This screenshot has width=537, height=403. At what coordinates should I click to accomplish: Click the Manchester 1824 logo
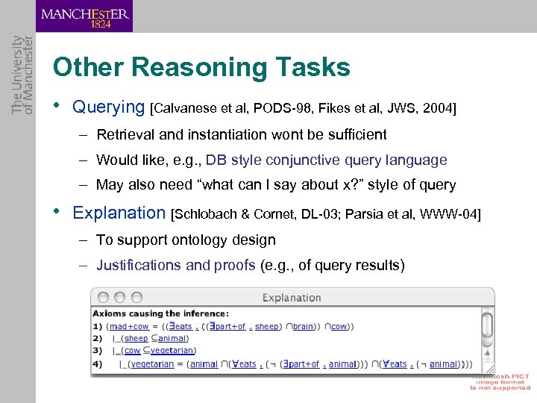[84, 16]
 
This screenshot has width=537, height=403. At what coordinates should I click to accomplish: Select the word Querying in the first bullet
[108, 107]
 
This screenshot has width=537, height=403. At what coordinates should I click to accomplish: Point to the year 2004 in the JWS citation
[436, 108]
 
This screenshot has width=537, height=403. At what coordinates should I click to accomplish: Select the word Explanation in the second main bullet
[119, 213]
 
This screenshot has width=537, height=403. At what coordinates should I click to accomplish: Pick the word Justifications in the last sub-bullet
[139, 265]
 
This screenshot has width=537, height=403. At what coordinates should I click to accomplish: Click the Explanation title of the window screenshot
[292, 298]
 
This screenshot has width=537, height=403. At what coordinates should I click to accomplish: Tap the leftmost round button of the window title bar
[102, 297]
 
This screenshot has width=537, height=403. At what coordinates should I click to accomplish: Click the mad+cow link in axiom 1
[129, 326]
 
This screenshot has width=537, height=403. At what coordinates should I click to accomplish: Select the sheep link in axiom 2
[136, 338]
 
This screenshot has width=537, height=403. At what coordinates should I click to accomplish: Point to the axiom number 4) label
[98, 364]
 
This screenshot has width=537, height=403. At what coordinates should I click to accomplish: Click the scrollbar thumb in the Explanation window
[487, 325]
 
